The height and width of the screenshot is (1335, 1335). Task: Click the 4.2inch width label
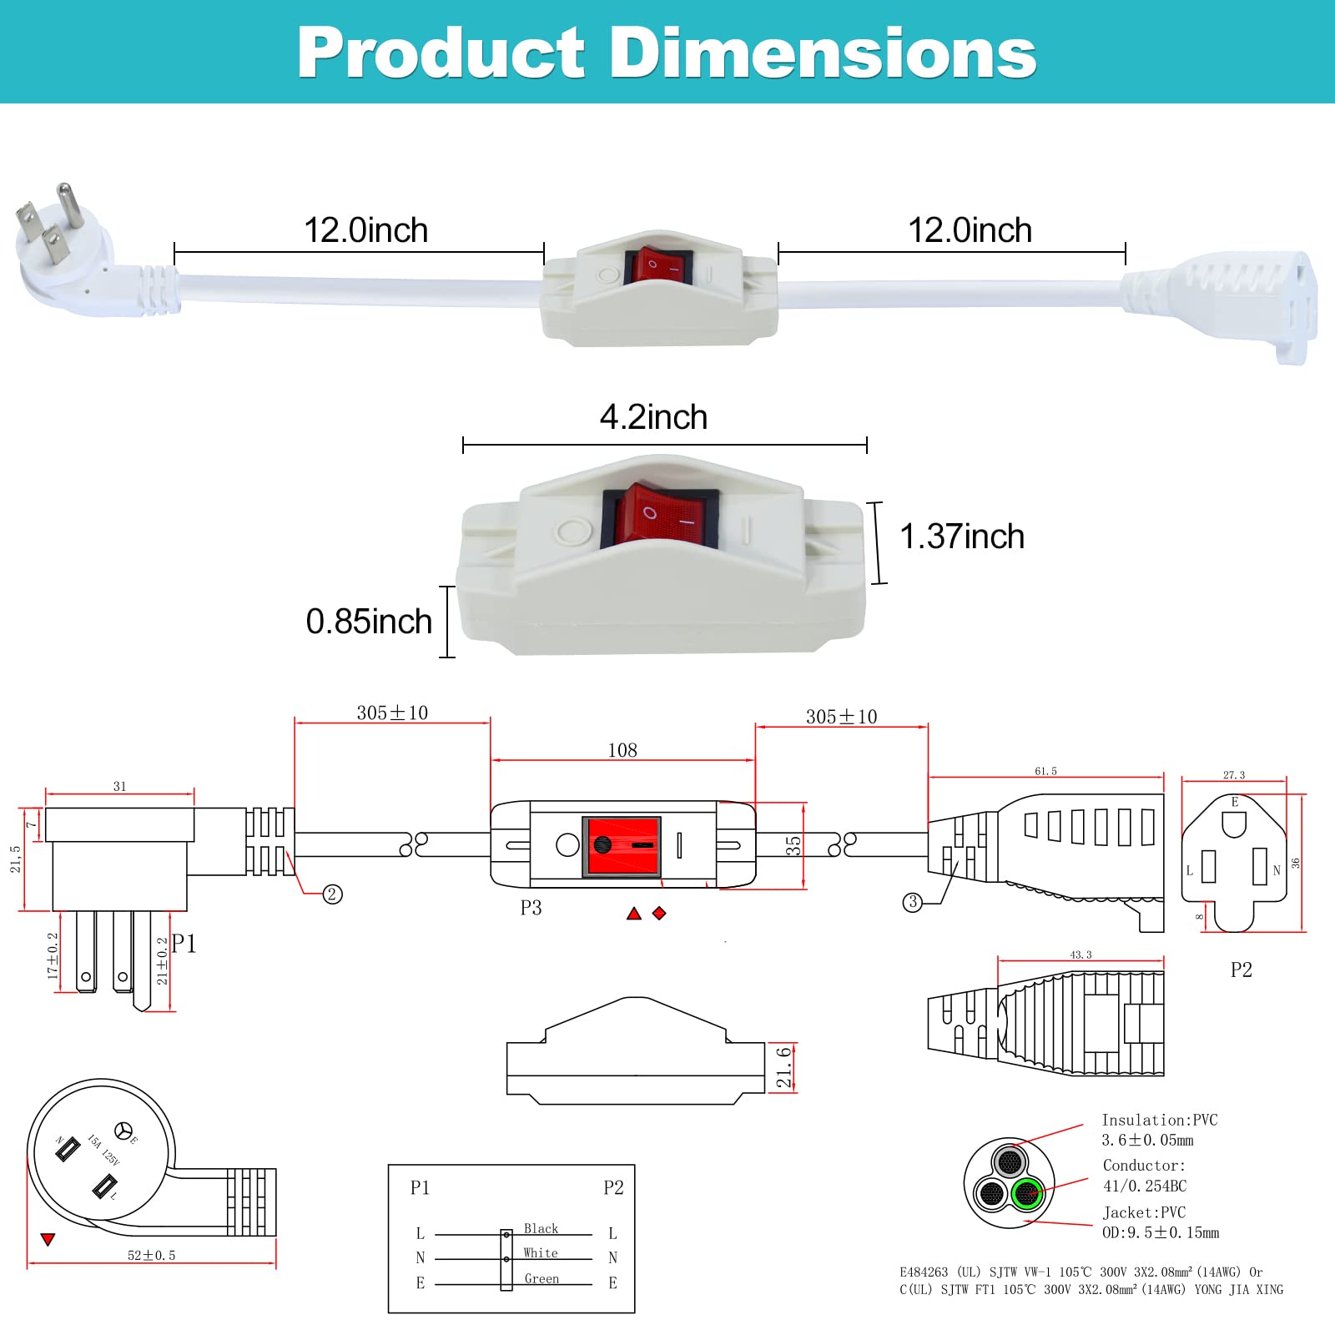coord(653,417)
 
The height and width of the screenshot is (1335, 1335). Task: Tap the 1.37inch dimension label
coord(961,537)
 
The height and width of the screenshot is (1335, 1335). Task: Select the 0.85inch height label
coord(369,622)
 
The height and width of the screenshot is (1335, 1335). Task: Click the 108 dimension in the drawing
coord(622,750)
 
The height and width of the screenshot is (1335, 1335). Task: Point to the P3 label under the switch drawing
coord(531,908)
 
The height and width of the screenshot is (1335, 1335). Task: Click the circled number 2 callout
coord(332,894)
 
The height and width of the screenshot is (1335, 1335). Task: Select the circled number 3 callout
coord(913,902)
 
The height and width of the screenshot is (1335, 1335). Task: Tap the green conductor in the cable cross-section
coord(1027,1194)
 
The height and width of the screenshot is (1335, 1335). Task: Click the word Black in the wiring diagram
coord(541,1228)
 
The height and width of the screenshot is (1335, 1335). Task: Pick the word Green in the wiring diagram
coord(542,1278)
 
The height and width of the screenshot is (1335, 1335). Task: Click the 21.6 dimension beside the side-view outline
coord(783,1067)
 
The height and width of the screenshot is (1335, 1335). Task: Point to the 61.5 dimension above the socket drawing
coord(1045,771)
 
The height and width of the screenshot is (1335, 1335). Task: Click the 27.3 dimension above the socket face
coord(1233,775)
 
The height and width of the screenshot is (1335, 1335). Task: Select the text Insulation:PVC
coord(1159,1121)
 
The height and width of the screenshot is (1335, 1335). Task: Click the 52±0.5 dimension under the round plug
coord(151,1255)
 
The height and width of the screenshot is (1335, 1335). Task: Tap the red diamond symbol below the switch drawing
coord(659,914)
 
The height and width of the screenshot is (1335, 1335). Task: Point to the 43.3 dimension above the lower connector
coord(1081,955)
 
